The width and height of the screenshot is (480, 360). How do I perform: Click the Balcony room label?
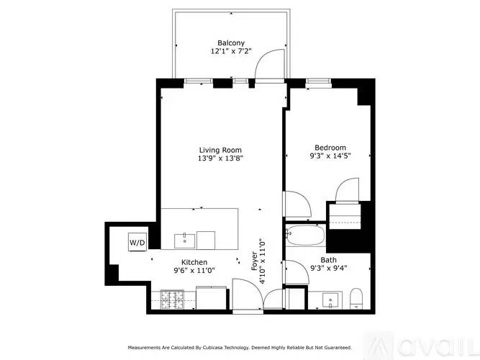[x=231, y=43]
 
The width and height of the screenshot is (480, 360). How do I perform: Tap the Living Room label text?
[x=220, y=150]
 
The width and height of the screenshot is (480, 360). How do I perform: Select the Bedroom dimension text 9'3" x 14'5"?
[x=330, y=156]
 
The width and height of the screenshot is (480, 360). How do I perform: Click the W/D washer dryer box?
[x=137, y=243]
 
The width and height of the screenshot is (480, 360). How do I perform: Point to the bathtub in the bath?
[x=306, y=235]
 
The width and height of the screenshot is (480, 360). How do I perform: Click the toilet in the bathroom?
[x=356, y=298]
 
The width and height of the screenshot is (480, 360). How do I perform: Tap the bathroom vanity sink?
[x=330, y=300]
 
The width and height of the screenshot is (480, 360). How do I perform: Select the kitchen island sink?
[x=185, y=240]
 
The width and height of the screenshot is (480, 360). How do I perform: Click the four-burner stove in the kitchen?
[x=172, y=300]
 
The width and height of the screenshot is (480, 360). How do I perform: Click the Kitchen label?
[x=194, y=262]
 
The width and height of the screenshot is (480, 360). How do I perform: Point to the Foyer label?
[x=254, y=261]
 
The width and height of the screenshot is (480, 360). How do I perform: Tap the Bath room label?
[x=328, y=260]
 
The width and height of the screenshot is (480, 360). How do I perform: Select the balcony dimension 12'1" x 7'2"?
[x=231, y=51]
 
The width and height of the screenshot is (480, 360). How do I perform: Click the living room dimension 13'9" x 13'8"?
[x=220, y=158]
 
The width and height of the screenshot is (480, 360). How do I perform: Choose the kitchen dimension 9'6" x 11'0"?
[x=194, y=271]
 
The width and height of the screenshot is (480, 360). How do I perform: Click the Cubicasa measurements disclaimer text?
[x=240, y=348]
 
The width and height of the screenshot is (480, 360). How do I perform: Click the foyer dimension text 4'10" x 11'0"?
[x=262, y=261]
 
